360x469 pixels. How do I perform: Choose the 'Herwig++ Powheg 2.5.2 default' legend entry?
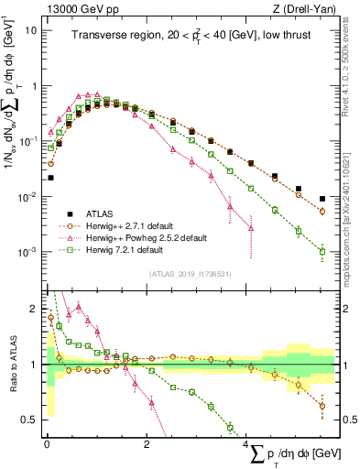(146, 237)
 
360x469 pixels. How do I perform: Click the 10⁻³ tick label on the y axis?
(27, 253)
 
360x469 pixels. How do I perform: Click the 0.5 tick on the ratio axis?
(29, 420)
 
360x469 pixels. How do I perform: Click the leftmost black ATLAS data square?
(51, 178)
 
